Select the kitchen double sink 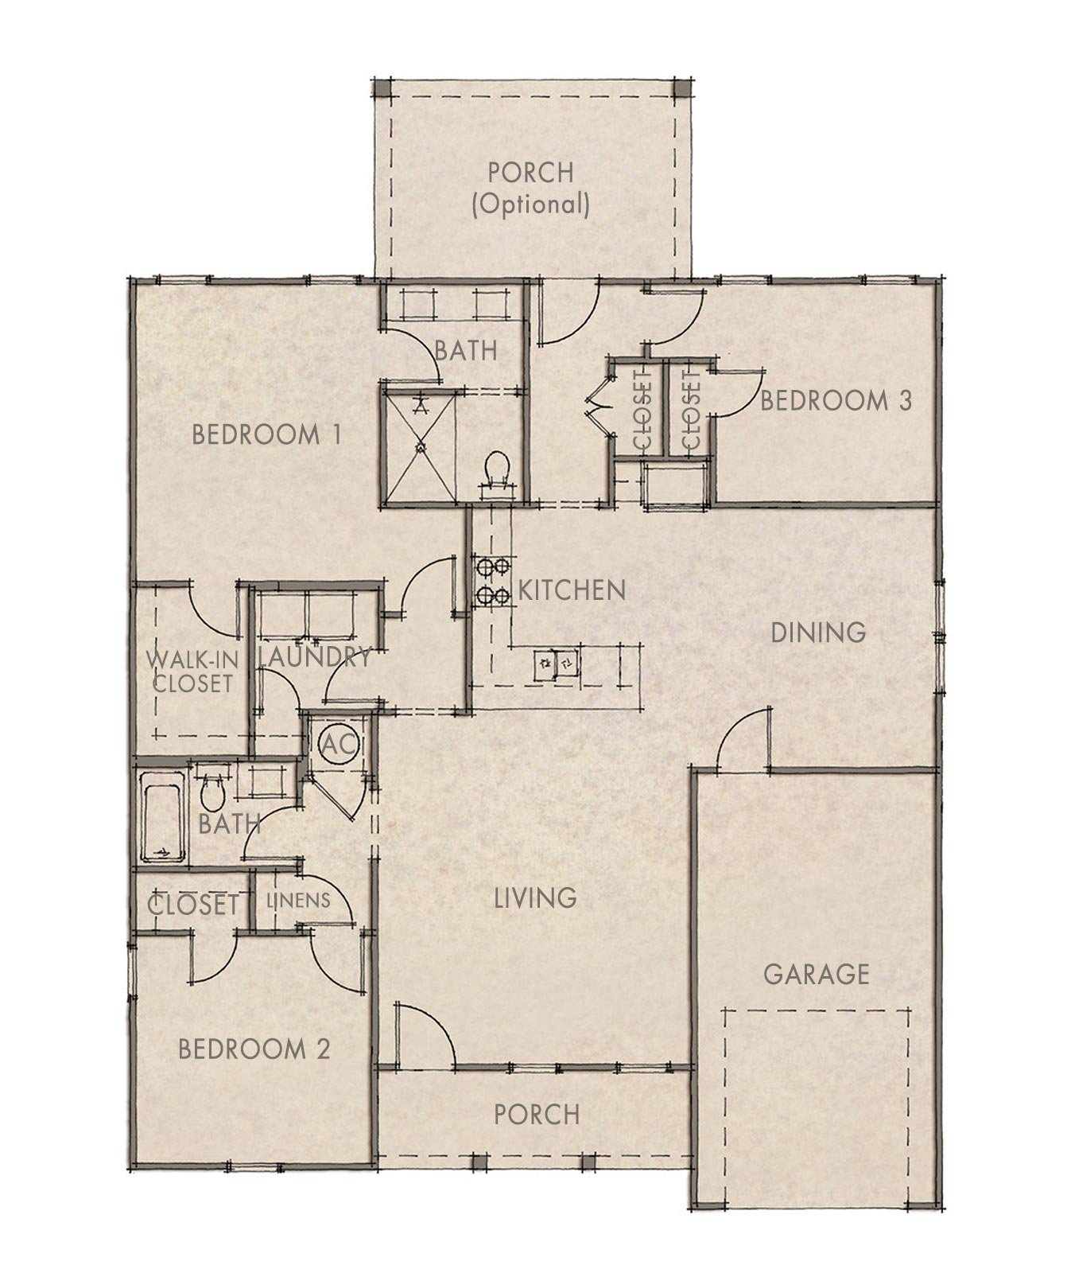556,661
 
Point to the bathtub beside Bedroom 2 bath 162,817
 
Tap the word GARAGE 816,974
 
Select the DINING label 818,633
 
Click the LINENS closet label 298,901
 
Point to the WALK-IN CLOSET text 191,672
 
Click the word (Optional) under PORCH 530,204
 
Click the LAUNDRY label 315,657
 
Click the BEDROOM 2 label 254,1049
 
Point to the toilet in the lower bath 211,790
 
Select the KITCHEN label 572,590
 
